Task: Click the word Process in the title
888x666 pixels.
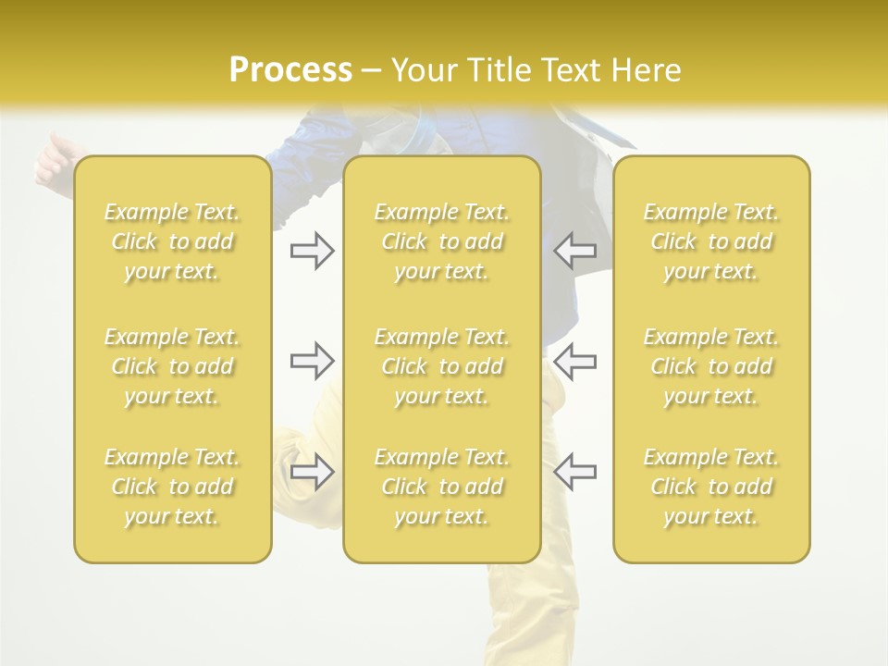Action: coord(290,70)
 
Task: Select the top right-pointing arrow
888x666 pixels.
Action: coord(312,251)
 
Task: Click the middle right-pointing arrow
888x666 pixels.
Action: coord(312,361)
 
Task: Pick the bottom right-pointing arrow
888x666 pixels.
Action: coord(312,471)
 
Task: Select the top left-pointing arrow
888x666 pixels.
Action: coord(575,251)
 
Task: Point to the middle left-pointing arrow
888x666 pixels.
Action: coord(575,361)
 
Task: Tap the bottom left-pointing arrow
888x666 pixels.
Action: coord(575,471)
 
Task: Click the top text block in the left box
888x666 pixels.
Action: coord(172,241)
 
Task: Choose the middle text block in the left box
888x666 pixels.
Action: coord(172,366)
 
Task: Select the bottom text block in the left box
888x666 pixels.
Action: coord(172,487)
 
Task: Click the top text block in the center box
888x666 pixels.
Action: coord(441,241)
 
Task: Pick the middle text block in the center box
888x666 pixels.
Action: coord(441,366)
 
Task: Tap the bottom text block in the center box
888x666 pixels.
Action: coord(441,487)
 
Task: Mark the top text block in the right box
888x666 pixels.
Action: coord(710,241)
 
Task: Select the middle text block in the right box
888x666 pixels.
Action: coord(710,366)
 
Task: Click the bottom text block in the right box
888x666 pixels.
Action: coord(710,487)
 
